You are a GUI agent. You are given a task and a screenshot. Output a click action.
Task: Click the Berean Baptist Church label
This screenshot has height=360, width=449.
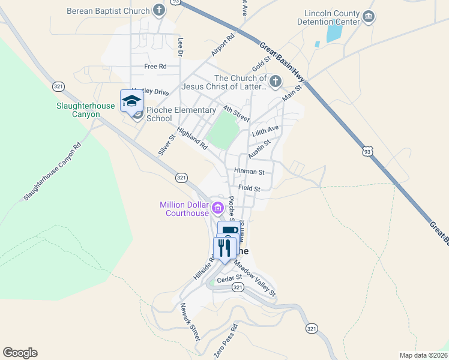[108, 11]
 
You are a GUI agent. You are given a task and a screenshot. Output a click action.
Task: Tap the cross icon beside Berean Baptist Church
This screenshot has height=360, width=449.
[158, 10]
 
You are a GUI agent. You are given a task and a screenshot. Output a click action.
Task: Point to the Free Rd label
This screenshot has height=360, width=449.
[155, 67]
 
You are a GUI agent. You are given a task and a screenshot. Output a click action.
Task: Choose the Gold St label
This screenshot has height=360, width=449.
[262, 61]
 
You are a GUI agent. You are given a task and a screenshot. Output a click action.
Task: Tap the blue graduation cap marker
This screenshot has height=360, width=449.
[131, 100]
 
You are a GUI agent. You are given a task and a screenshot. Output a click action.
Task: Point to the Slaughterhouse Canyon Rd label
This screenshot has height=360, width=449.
[52, 172]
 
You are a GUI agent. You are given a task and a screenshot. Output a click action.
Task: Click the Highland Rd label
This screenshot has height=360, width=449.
[191, 138]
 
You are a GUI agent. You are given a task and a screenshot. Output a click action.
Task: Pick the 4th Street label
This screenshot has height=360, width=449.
[236, 113]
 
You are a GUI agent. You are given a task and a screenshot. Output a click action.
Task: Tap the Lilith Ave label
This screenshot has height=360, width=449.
[266, 130]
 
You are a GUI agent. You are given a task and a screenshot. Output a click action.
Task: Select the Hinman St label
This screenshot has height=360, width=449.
[250, 172]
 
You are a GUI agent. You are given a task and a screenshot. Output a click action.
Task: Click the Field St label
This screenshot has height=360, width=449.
[249, 188]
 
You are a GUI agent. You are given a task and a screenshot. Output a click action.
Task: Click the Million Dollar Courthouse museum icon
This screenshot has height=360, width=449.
[217, 209]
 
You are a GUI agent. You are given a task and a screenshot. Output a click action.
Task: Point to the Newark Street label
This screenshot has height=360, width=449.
[190, 323]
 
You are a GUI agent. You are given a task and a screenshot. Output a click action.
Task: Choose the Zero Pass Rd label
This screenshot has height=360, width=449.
[225, 341]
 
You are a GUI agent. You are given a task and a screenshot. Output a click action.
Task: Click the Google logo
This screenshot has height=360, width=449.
[20, 353]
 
